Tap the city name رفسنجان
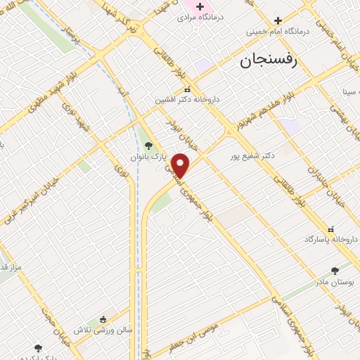[x=269, y=60]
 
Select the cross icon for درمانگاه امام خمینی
[x=278, y=20]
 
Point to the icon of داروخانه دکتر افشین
[x=186, y=89]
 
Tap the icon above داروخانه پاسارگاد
[x=330, y=229]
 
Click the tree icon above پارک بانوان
[x=148, y=146]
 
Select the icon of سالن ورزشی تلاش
[x=103, y=319]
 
